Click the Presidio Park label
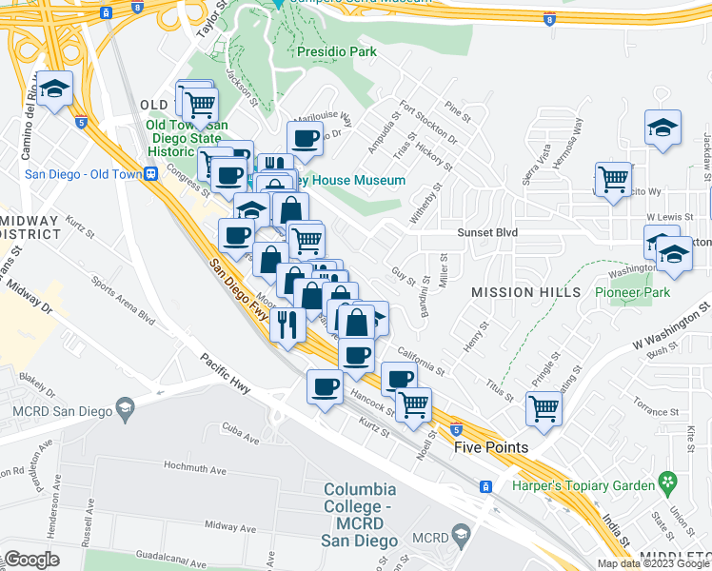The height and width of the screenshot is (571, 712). pos(336,51)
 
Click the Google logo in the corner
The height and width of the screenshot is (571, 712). pos(31,559)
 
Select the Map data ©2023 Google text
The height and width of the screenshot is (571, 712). pos(653,563)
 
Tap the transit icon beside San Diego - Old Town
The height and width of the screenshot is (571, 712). pos(149,174)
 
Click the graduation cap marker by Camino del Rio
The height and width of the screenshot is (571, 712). pos(56,89)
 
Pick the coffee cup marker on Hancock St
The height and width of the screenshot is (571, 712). pos(325,387)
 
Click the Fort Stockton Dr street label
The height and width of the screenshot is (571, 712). pos(427,123)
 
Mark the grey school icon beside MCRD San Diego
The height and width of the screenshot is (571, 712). pos(125,408)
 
